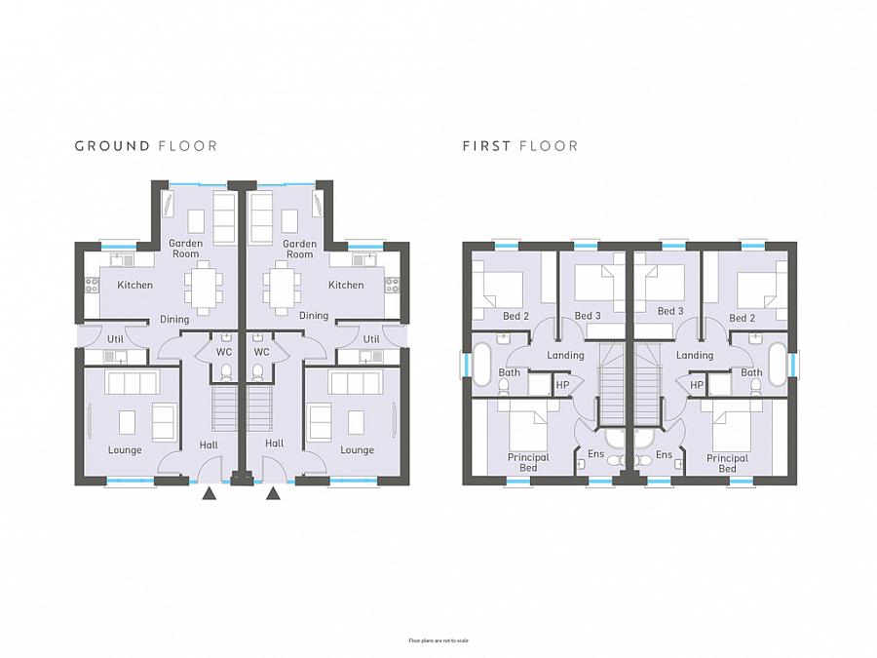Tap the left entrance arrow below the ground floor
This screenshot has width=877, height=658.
209,494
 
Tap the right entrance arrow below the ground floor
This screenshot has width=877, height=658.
274,494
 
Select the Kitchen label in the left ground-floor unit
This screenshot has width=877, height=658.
135,286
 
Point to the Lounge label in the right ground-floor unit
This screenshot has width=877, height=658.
357,450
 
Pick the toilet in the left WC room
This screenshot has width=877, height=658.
226,372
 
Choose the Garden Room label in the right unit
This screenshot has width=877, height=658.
299,249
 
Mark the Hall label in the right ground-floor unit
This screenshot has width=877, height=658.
274,445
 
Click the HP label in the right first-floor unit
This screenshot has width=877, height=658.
697,385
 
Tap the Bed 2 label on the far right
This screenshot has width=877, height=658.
743,318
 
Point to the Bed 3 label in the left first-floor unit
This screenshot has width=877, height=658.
588,316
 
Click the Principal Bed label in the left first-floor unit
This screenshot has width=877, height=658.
528,463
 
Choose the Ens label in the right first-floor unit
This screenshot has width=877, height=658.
664,454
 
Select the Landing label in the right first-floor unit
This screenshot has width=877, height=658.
695,356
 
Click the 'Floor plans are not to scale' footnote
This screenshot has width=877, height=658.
438,640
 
